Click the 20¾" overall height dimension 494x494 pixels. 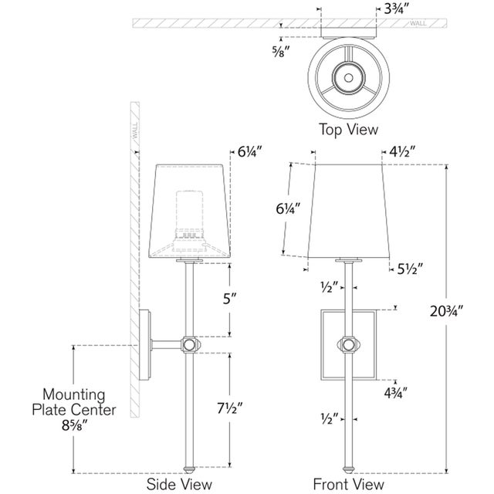click(x=447, y=312)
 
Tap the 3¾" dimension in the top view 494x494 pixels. click(x=396, y=9)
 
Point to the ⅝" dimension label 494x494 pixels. click(x=281, y=51)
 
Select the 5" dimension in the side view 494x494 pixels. click(x=229, y=299)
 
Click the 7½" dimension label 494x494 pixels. click(x=230, y=408)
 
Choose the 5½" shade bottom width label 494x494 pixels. click(x=410, y=269)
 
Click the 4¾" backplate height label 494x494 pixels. click(x=396, y=393)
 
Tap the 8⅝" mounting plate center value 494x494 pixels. click(x=74, y=425)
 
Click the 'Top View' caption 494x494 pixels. click(x=348, y=130)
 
